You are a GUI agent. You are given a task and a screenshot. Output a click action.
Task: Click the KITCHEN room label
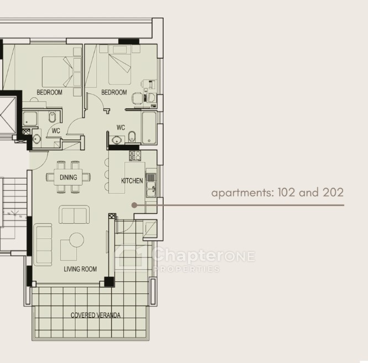click(x=132, y=181)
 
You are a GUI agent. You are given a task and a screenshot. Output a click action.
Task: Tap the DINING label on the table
click(x=69, y=177)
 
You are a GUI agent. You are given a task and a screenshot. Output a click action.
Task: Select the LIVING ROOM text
click(x=80, y=269)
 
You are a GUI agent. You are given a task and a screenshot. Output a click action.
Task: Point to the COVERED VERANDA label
click(x=96, y=315)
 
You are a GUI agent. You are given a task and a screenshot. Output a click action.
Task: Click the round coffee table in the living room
click(x=76, y=240)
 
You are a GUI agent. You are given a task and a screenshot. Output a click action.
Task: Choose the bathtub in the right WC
click(x=149, y=128)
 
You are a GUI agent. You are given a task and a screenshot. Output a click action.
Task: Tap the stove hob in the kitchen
click(x=135, y=156)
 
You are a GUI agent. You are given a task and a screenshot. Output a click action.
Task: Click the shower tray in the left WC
click(x=30, y=119)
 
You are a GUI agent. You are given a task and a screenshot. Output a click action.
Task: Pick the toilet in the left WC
click(x=52, y=117)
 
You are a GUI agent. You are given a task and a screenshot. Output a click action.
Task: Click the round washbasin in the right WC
click(x=116, y=140)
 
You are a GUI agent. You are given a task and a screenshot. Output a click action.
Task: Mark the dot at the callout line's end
click(x=134, y=206)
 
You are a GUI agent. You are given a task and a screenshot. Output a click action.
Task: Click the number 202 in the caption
click(x=333, y=192)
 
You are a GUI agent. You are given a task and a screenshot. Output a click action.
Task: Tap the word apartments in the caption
click(x=243, y=193)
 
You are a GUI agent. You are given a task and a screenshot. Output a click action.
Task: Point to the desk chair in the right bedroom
click(x=137, y=98)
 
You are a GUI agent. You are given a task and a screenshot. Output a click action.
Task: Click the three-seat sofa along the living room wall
click(x=43, y=245)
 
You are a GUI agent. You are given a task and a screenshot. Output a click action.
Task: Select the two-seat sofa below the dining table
click(x=74, y=214)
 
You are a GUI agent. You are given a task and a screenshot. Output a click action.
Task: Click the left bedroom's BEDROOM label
click(x=49, y=92)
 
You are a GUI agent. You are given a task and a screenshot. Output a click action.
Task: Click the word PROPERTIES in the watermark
click(x=187, y=269)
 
